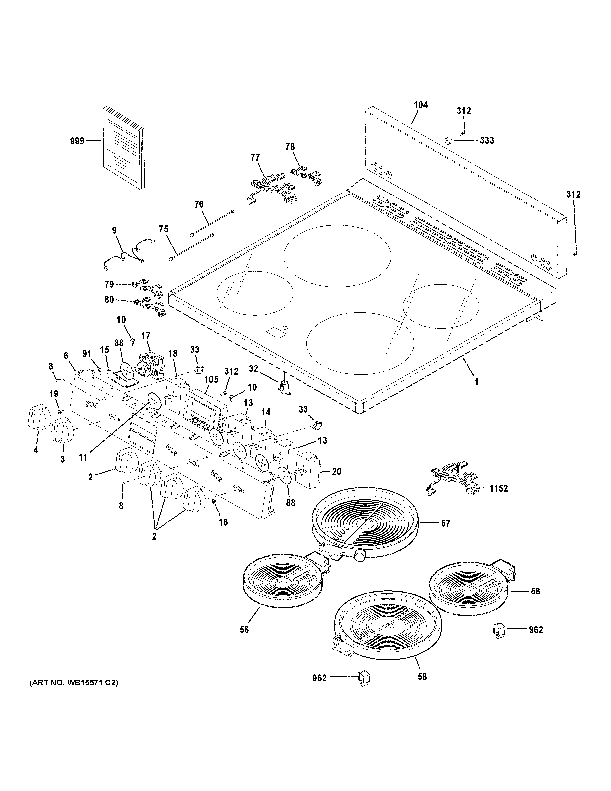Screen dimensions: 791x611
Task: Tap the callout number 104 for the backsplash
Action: point(421,105)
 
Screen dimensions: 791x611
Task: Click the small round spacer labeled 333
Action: point(448,141)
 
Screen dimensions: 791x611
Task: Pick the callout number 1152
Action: point(498,488)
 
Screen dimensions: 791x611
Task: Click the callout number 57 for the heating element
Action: point(445,523)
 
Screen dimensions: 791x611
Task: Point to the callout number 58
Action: point(422,676)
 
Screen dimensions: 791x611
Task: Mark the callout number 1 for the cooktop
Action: point(477,382)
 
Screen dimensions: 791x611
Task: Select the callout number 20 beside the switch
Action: point(337,472)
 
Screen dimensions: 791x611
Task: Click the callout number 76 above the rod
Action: point(199,205)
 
